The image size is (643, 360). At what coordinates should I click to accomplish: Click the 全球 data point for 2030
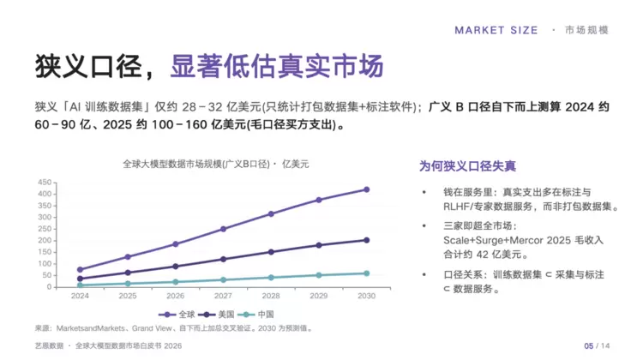coord(366,189)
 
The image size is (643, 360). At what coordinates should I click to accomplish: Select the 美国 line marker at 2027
coord(223,259)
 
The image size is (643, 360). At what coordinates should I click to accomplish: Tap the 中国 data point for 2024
coord(80,285)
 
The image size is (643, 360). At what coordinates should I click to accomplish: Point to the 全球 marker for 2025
coord(128,256)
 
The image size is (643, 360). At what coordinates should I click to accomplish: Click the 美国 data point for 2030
coord(366,240)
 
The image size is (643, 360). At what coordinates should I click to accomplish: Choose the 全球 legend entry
coord(177,315)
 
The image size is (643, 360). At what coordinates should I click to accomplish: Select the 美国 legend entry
coord(216,315)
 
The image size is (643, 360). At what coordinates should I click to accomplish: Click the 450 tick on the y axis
coord(45,182)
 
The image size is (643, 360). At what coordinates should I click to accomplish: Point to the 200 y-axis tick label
coord(45,240)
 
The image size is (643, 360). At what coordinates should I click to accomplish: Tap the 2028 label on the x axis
coord(271,296)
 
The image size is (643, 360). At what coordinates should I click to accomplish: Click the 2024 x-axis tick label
coord(80,296)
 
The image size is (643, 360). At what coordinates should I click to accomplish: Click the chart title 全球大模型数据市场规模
coord(172,164)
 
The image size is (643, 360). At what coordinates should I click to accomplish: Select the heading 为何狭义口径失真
coord(467,166)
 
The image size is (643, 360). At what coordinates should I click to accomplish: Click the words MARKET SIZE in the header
coord(496,30)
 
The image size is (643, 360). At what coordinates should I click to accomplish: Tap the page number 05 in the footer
coord(588,346)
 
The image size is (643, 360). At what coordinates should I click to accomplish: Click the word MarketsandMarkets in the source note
coord(90,328)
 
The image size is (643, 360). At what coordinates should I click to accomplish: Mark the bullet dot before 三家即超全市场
coord(424,226)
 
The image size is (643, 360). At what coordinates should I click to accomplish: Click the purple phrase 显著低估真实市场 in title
coord(277,66)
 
